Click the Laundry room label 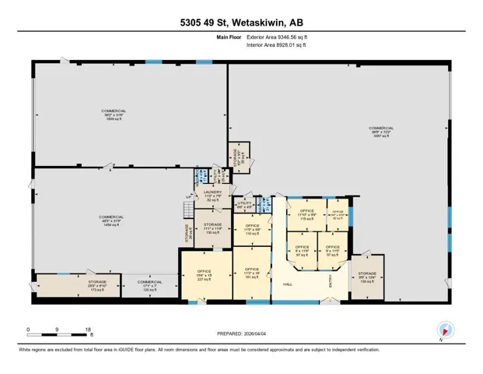click(213, 196)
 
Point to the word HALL click(287, 284)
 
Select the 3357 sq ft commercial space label click(381, 132)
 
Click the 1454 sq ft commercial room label click(111, 220)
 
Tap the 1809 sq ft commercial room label click(114, 115)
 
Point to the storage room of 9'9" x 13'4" click(367, 277)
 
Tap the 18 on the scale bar click(88, 330)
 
